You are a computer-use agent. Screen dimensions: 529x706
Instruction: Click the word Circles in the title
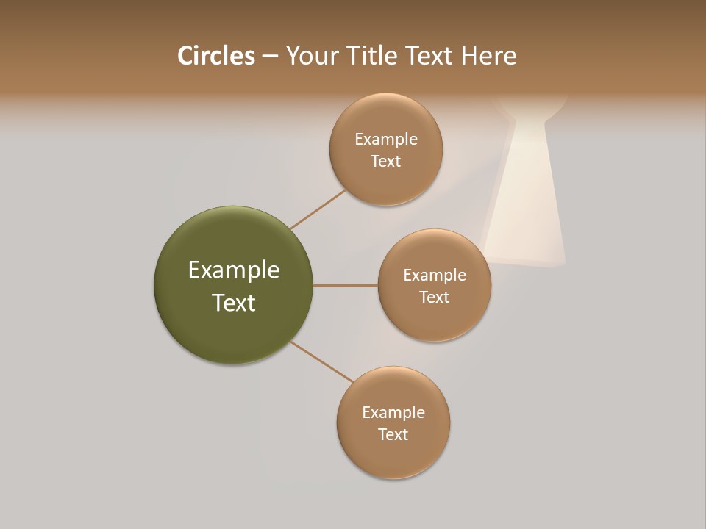215,56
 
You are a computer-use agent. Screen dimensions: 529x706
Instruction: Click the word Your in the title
313,56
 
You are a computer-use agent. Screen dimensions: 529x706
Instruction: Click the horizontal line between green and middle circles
346,285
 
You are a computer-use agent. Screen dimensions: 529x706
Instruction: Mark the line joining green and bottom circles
322,361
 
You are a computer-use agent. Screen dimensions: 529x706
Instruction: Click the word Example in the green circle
234,270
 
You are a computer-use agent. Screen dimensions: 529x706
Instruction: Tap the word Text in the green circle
234,303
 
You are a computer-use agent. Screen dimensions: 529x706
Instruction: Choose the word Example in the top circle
386,139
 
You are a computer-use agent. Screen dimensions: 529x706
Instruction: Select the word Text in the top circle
386,161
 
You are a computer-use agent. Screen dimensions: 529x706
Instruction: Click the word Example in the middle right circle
435,275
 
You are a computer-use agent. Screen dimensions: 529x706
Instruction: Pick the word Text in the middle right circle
435,297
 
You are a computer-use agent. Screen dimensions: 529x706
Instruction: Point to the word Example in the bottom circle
393,412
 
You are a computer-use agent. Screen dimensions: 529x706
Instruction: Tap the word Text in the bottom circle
393,434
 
